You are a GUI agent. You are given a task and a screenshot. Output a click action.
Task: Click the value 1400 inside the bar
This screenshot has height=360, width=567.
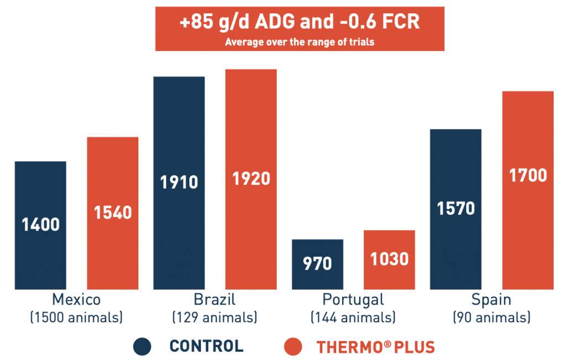[x=40, y=225]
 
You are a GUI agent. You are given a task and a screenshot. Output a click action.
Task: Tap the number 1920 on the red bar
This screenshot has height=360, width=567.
[x=251, y=179]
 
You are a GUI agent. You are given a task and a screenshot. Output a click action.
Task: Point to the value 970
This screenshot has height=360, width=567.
[x=317, y=264]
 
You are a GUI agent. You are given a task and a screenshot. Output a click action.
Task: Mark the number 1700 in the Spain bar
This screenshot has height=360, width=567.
[x=528, y=176]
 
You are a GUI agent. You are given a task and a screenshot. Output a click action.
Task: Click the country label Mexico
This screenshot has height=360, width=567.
[x=76, y=300]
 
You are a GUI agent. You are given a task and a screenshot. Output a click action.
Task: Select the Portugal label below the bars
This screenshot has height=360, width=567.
[x=353, y=300]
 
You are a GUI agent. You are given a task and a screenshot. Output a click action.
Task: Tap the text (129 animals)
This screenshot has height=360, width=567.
[x=214, y=318]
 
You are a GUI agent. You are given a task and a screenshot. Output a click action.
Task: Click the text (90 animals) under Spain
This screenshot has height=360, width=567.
[x=492, y=318]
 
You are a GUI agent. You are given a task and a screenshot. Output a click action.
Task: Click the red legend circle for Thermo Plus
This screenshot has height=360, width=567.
[x=292, y=347]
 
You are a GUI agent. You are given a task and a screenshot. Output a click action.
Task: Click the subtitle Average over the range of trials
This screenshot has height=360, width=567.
[x=300, y=42]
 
